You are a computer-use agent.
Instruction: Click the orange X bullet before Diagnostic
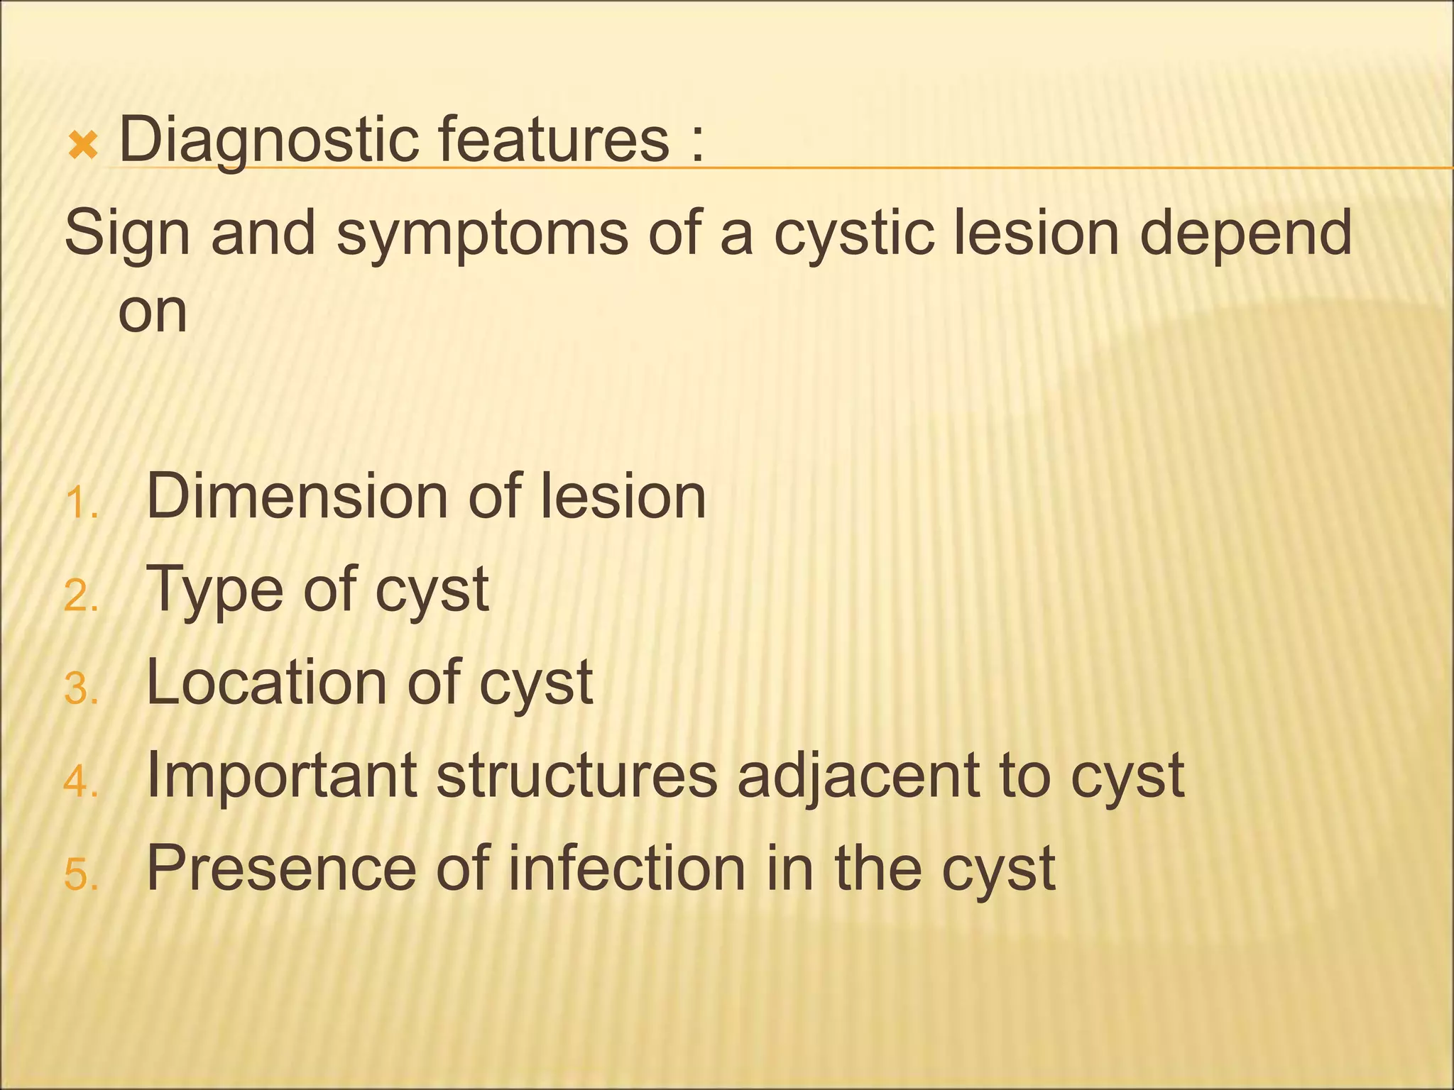click(82, 146)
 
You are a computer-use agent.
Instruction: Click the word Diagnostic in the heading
click(269, 141)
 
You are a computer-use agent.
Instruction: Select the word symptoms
click(482, 235)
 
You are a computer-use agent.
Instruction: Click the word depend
click(1245, 235)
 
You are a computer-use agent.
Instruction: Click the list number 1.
click(80, 503)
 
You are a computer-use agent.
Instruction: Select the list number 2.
click(80, 596)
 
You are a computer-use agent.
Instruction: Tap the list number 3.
click(80, 689)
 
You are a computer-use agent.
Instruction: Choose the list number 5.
click(80, 875)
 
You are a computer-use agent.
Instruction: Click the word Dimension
click(297, 496)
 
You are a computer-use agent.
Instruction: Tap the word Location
click(267, 682)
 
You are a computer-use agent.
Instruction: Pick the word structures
click(576, 776)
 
